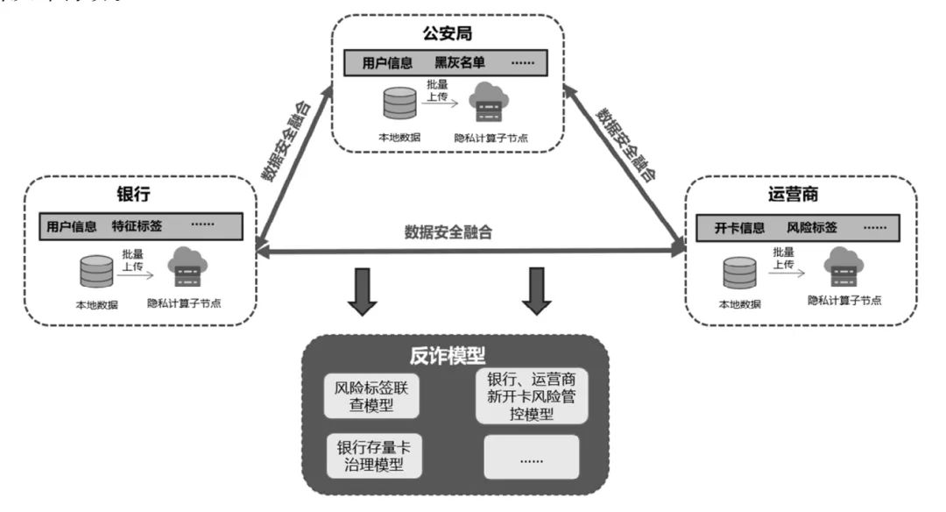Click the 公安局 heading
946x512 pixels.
pyautogui.click(x=447, y=35)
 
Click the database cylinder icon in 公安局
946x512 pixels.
pyautogui.click(x=398, y=104)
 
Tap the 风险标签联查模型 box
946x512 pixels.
pyautogui.click(x=371, y=393)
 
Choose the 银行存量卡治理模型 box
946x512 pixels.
pyautogui.click(x=371, y=455)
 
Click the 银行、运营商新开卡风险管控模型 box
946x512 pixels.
pyautogui.click(x=531, y=395)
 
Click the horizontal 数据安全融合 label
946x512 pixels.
pyautogui.click(x=448, y=233)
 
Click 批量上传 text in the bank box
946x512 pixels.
pyautogui.click(x=131, y=261)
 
